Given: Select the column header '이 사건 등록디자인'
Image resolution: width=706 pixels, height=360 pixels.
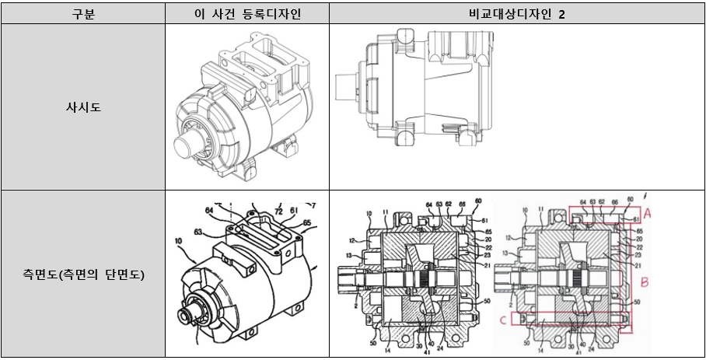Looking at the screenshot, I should pos(246,15).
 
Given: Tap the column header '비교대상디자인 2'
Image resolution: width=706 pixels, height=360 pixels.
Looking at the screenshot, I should pos(516,15).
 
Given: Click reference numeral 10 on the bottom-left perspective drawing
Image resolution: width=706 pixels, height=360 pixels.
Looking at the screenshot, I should pos(180,243).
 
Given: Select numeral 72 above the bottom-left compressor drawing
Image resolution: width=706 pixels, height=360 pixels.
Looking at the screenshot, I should pos(278,211).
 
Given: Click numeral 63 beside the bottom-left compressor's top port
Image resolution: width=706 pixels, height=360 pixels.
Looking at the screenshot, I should pos(199,232).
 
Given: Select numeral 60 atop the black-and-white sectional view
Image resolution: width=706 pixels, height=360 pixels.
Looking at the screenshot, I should pos(477,201).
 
